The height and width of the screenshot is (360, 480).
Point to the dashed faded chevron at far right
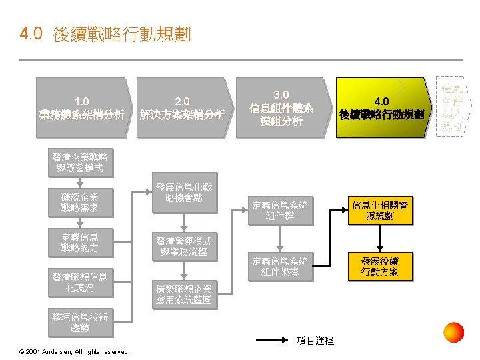pyautogui.click(x=453, y=107)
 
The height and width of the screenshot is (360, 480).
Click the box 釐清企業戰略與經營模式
pyautogui.click(x=80, y=163)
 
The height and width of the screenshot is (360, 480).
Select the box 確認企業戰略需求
pyautogui.click(x=80, y=203)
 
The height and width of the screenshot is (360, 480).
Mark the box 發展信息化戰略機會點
pyautogui.click(x=183, y=193)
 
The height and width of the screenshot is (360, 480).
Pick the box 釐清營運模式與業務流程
pyautogui.click(x=183, y=246)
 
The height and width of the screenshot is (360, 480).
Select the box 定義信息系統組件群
pyautogui.click(x=280, y=211)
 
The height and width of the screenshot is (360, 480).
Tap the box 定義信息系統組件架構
pyautogui.click(x=280, y=267)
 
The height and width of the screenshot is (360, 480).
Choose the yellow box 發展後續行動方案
pyautogui.click(x=380, y=266)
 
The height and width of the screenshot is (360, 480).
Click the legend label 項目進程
pyautogui.click(x=315, y=341)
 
